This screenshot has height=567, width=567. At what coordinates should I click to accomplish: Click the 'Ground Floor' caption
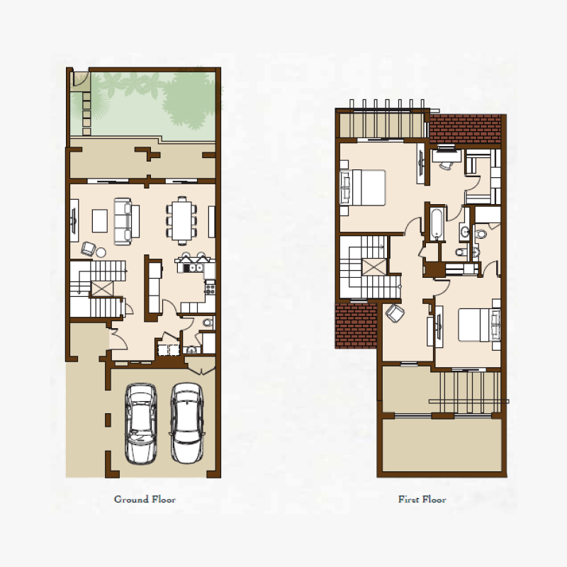click(x=145, y=500)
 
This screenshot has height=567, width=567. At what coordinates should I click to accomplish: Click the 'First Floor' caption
click(x=422, y=500)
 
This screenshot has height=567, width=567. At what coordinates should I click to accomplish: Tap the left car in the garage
click(x=140, y=423)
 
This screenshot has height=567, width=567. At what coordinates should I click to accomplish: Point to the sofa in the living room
click(x=123, y=220)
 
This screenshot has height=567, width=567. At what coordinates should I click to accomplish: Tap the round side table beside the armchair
click(x=101, y=252)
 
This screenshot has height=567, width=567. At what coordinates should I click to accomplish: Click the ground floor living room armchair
click(x=89, y=247)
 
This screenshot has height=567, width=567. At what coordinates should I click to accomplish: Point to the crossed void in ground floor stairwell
click(x=102, y=288)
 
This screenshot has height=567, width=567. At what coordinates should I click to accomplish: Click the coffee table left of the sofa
click(x=101, y=220)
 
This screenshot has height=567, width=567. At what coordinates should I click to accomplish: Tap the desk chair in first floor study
click(x=446, y=164)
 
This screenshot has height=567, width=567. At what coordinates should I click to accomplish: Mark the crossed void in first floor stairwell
click(x=374, y=267)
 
